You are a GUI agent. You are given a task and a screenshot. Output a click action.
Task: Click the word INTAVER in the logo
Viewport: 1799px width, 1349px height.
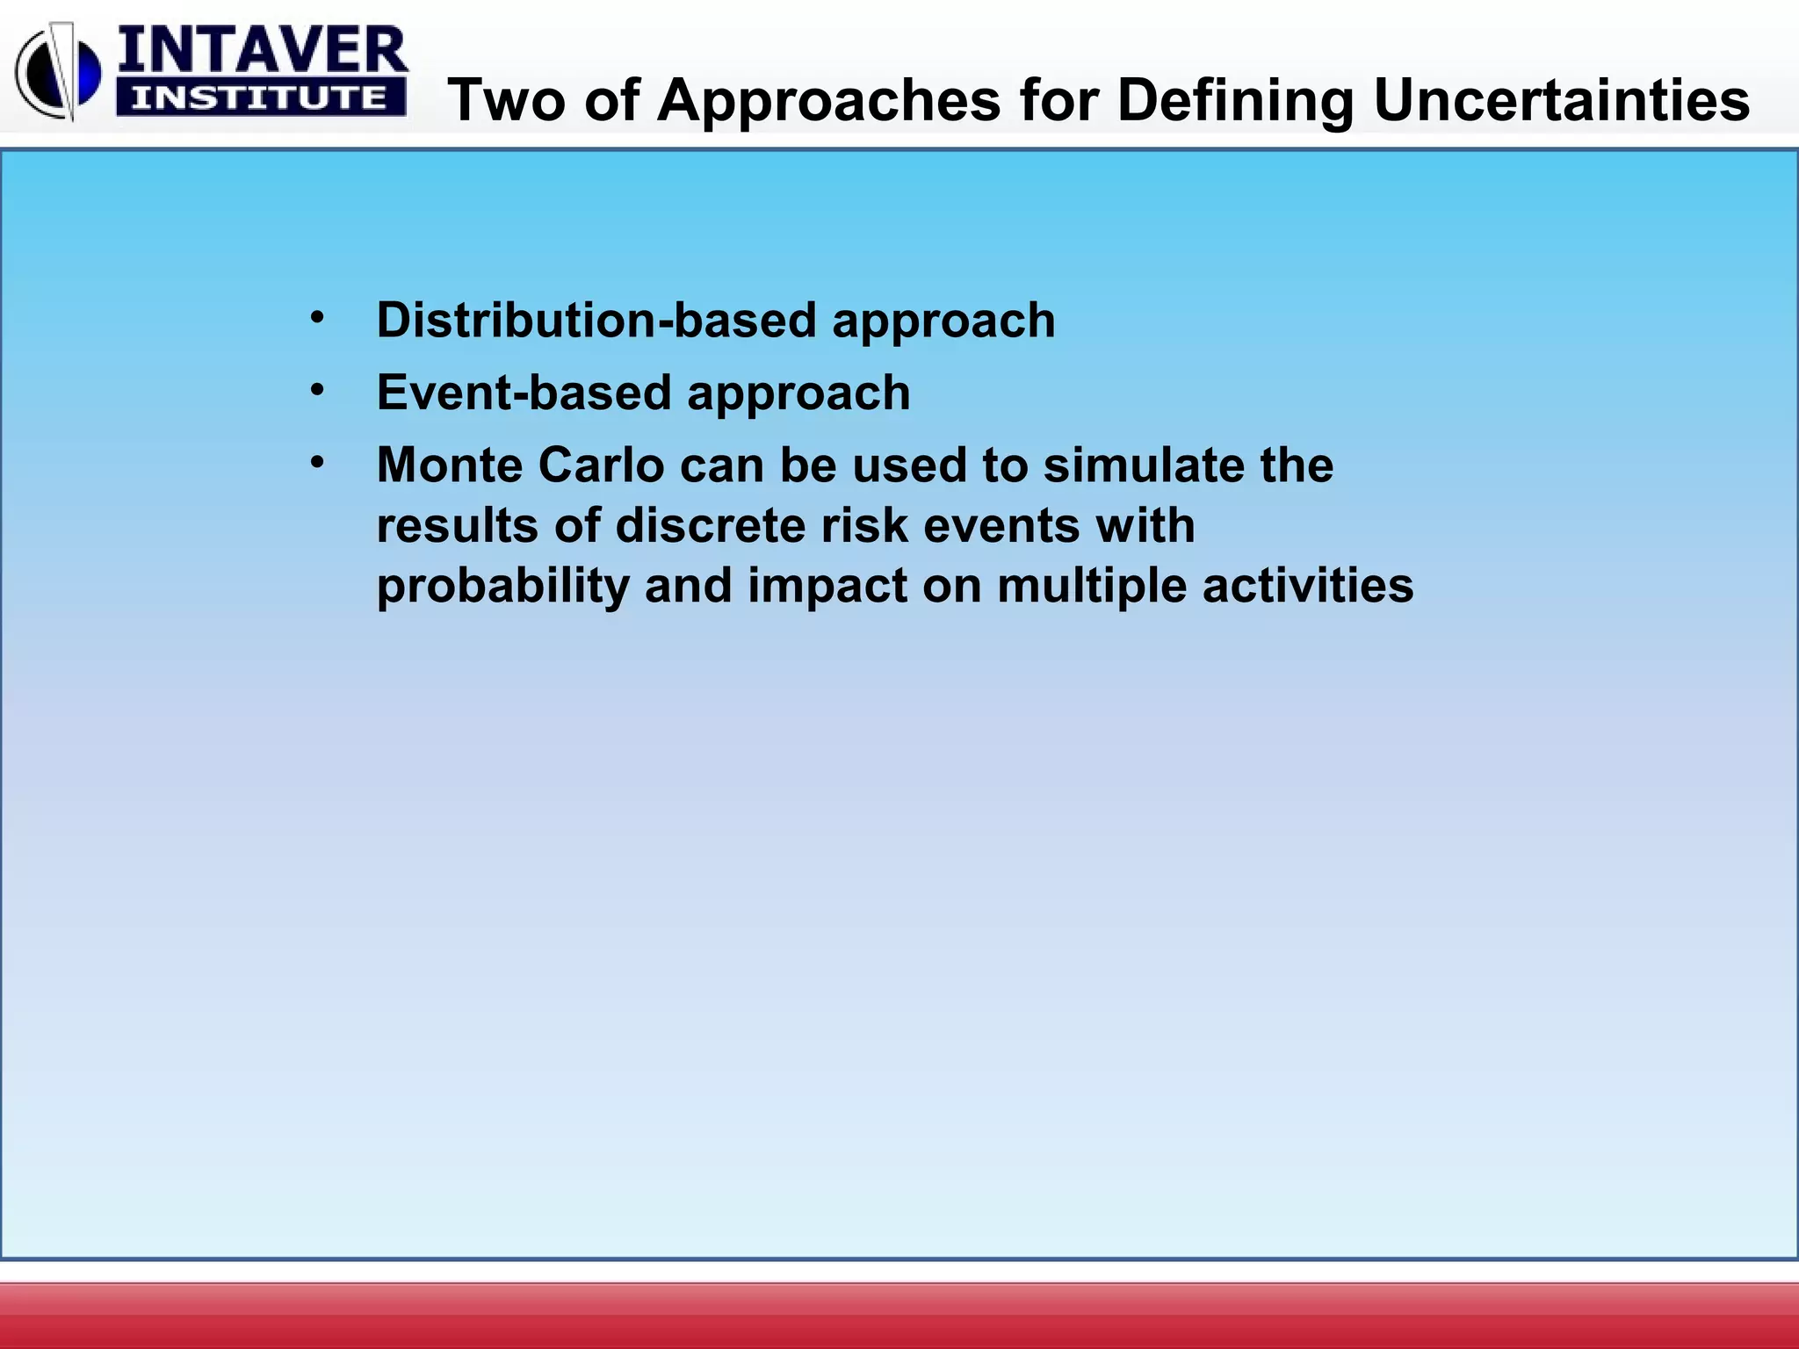[x=262, y=51]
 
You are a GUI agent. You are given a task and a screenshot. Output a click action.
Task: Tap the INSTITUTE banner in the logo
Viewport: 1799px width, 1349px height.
[x=260, y=98]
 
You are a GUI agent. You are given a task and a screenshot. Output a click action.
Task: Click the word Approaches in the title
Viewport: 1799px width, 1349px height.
[x=828, y=99]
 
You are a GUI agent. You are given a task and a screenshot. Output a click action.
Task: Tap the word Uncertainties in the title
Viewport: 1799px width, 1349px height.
[x=1561, y=99]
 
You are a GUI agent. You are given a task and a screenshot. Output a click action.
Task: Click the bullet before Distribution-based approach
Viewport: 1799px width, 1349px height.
[x=317, y=317]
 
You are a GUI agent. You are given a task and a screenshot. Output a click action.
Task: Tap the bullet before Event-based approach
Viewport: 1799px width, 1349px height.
[x=317, y=389]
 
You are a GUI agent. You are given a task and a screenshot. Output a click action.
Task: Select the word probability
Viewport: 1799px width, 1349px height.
[x=502, y=586]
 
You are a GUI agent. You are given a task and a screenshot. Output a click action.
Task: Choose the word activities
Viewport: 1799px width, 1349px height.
[x=1308, y=586]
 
